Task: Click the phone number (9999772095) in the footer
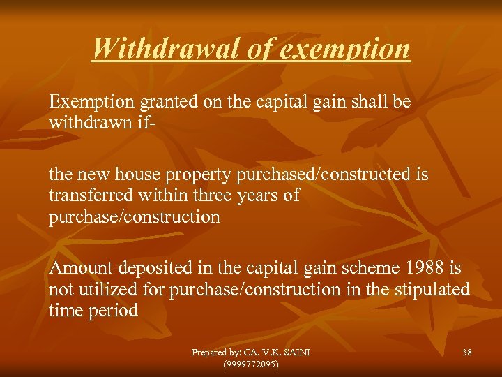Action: tap(250, 364)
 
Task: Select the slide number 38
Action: tap(466, 353)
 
